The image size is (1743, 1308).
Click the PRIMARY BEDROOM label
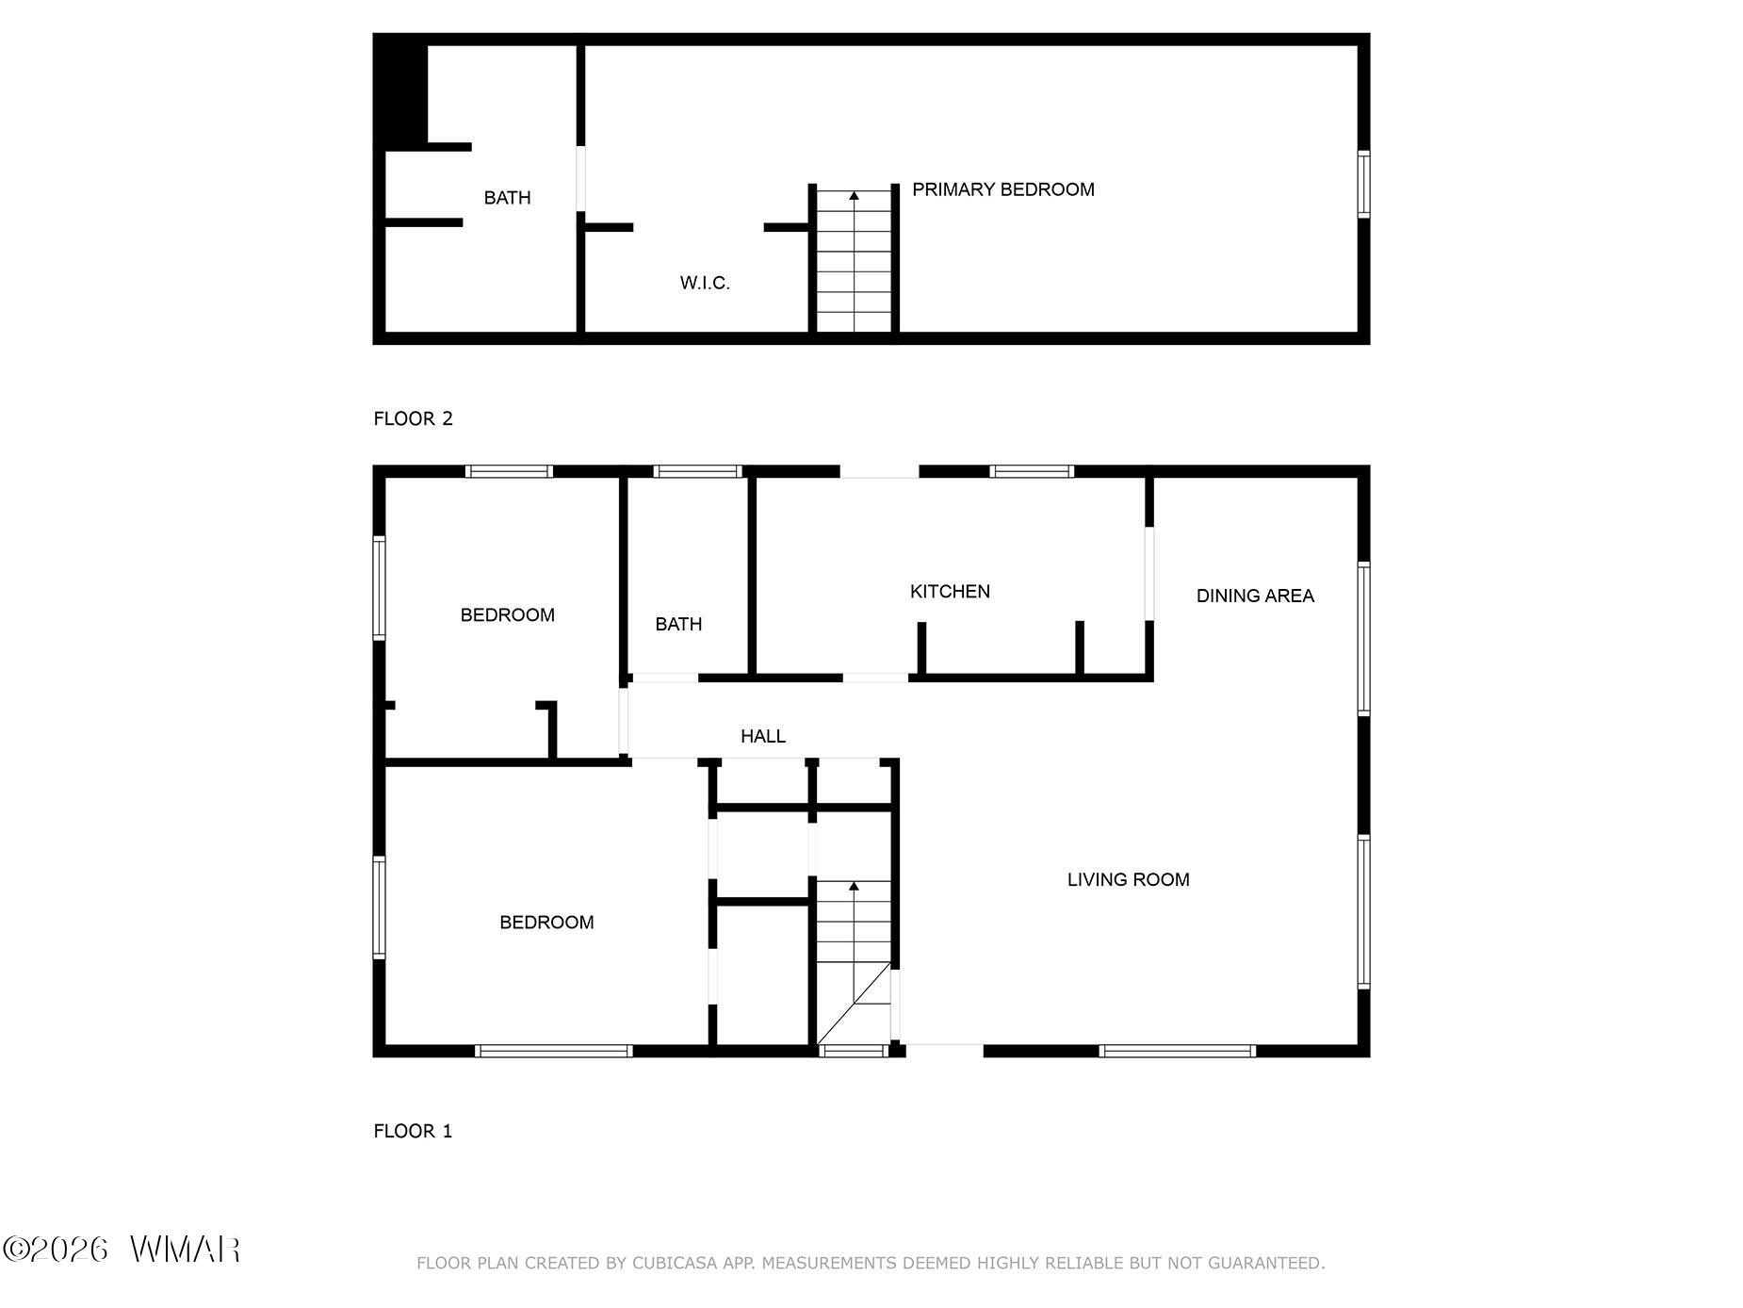click(1003, 189)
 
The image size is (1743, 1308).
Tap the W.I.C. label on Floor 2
click(705, 283)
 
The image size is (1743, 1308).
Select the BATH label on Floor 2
click(507, 198)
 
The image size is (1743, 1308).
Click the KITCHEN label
click(950, 592)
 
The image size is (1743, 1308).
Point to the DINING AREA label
click(1255, 596)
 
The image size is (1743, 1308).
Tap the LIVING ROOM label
click(1128, 879)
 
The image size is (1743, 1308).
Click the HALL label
click(763, 736)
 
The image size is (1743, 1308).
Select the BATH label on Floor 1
click(678, 624)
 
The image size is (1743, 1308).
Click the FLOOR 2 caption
click(413, 418)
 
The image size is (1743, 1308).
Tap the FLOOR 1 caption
click(413, 1131)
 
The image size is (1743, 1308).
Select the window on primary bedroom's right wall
click(1363, 184)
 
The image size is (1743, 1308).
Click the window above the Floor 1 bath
click(698, 471)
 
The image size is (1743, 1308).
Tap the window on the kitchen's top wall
click(1032, 471)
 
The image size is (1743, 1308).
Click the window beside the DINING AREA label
click(1363, 639)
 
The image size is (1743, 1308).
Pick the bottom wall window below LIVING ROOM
click(1177, 1051)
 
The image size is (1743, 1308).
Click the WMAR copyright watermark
click(122, 1250)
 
